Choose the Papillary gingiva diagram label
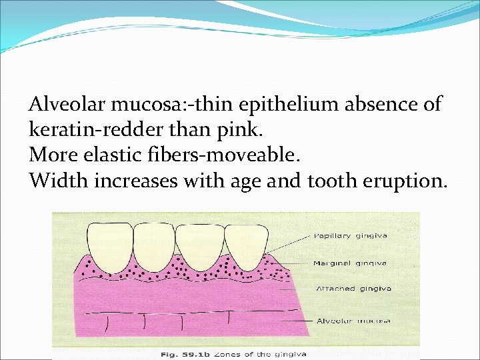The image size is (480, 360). pos(351,235)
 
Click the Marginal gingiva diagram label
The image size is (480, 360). pos(350,263)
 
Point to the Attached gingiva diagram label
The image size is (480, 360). pos(354,289)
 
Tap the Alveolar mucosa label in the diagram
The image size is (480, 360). pos(353,321)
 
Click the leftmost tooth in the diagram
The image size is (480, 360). pos(109,243)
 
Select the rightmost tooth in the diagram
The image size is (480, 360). pos(244,243)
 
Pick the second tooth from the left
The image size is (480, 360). pos(154,243)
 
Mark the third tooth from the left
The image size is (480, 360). pos(199,243)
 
